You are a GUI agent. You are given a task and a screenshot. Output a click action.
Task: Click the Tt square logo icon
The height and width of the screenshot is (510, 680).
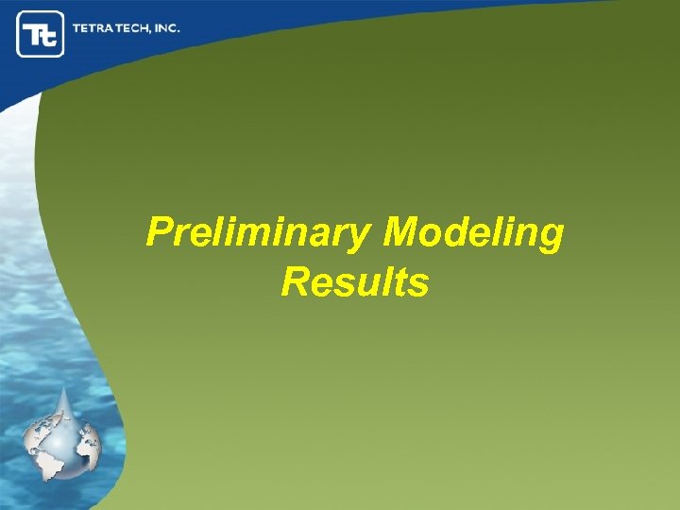point(41,34)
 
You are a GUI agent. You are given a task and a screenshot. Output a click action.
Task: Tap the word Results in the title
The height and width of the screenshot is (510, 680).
point(354,282)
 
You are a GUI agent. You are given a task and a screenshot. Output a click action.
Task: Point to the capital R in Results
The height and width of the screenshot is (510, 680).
point(294,282)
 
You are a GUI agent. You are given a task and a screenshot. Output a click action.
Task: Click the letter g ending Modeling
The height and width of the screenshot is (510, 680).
point(551,238)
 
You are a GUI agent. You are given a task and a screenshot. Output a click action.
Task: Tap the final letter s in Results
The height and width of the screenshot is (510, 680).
point(419,284)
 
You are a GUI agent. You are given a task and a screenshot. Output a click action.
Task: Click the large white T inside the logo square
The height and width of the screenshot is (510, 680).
point(34,33)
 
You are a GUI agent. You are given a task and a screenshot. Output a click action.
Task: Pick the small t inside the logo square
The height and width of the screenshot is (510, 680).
point(50,38)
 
